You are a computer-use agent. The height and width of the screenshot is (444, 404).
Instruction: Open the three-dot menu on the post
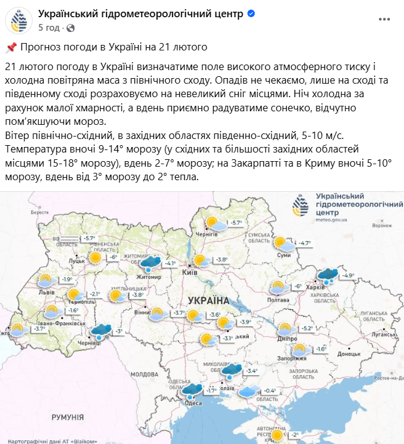[384, 20]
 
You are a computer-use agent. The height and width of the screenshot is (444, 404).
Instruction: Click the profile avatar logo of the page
[19, 20]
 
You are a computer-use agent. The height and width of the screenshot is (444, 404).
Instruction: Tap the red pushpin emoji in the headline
[10, 47]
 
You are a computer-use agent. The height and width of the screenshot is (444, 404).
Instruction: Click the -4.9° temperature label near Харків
[348, 275]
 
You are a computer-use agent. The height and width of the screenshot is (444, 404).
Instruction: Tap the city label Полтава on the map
[279, 299]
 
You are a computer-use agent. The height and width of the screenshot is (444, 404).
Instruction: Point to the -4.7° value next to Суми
[305, 244]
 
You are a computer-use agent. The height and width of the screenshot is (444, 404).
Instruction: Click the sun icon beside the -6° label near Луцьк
[95, 258]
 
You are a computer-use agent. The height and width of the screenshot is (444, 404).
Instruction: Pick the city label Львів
[46, 292]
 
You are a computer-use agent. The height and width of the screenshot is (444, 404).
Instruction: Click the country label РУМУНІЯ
[67, 417]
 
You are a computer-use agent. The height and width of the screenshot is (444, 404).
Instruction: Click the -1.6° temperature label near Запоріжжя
[320, 349]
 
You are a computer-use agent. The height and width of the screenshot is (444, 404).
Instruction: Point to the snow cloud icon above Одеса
[192, 389]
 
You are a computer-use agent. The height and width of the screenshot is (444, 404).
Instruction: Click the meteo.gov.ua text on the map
[331, 219]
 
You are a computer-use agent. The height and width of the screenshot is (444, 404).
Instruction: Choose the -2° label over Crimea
[295, 435]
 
